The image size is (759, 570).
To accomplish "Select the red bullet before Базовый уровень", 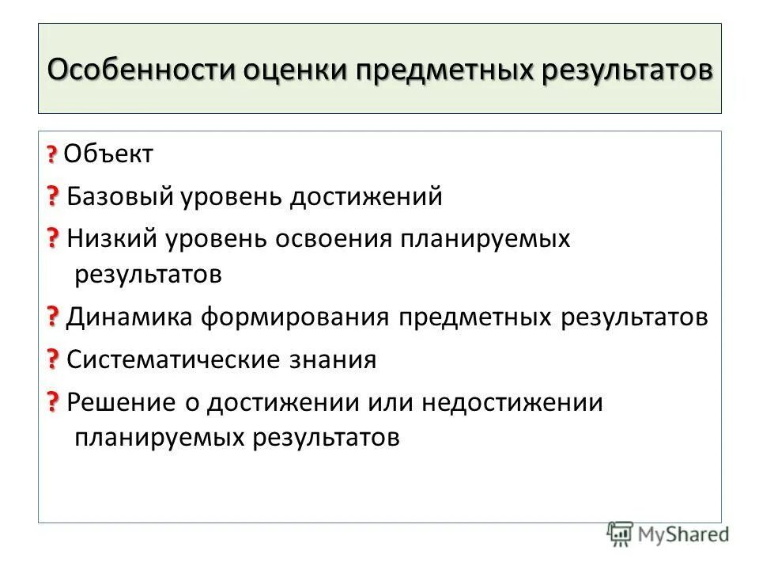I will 52,195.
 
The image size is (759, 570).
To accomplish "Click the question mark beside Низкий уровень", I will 52,237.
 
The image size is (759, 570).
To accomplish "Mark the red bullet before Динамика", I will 52,317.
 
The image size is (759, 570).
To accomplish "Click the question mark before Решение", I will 52,402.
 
